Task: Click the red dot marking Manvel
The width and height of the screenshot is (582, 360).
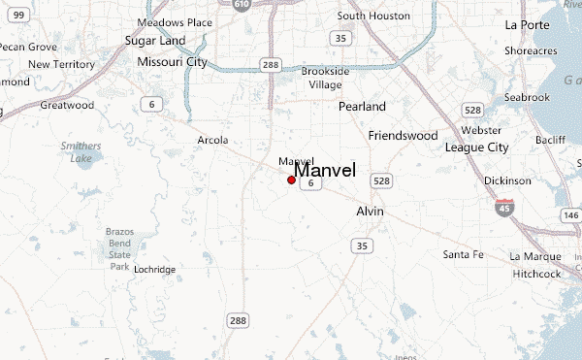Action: [291, 180]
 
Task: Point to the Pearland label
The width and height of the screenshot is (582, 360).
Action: [362, 107]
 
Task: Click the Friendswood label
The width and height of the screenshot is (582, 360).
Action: [404, 136]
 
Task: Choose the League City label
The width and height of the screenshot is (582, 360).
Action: [476, 147]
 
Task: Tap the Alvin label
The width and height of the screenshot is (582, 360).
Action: [371, 212]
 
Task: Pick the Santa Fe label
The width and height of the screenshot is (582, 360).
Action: [463, 254]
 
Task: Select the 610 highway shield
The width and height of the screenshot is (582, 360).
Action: [242, 5]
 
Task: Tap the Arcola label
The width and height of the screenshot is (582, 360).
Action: [212, 140]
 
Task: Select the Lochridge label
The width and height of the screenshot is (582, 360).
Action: [155, 269]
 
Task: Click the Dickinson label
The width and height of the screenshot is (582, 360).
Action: [507, 180]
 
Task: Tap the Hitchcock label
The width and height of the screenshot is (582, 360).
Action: [536, 274]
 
